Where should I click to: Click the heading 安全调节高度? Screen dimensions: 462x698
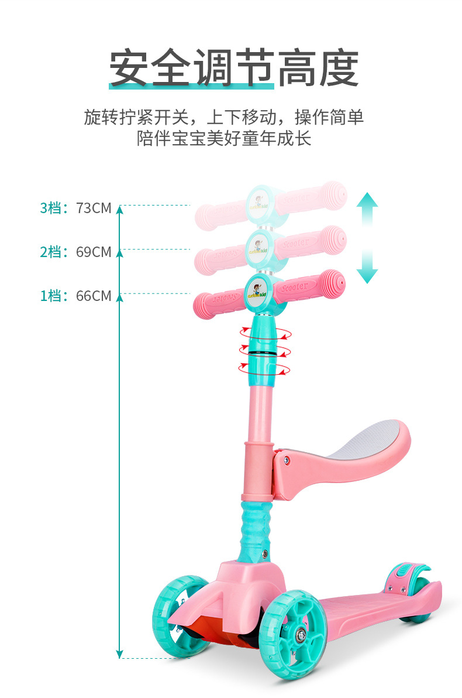pyautogui.click(x=233, y=69)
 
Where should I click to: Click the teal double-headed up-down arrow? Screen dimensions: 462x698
pyautogui.click(x=367, y=238)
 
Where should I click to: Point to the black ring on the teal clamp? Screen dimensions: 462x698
pyautogui.click(x=263, y=353)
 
